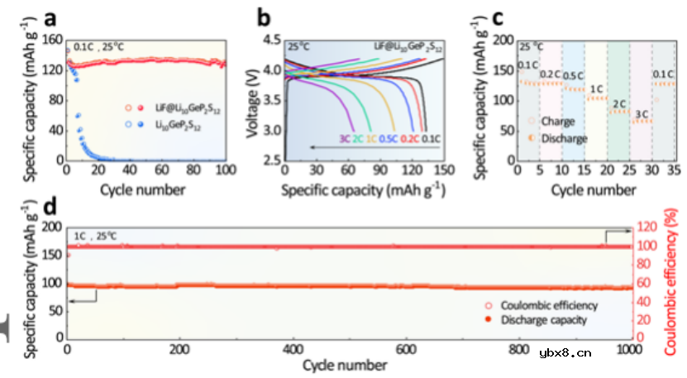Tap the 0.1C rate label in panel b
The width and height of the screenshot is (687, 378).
tap(430, 138)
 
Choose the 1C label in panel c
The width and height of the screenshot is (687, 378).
tap(596, 88)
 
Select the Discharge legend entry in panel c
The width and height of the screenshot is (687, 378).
tap(563, 138)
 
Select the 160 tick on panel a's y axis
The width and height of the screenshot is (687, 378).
tap(52, 40)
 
